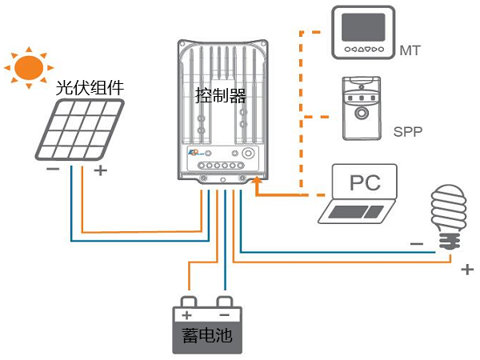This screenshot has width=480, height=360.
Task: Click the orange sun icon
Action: (26, 66)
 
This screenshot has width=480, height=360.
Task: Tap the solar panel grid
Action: (78, 130)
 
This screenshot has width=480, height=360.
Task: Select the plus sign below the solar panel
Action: (101, 170)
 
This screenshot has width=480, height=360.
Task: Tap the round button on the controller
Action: (249, 152)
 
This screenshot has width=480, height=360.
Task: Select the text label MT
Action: (410, 52)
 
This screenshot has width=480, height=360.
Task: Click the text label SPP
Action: (408, 130)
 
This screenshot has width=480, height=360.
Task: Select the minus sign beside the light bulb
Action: (416, 242)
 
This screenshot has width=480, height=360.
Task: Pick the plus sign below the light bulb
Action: (467, 270)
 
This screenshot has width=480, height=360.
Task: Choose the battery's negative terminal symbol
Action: (226, 314)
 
